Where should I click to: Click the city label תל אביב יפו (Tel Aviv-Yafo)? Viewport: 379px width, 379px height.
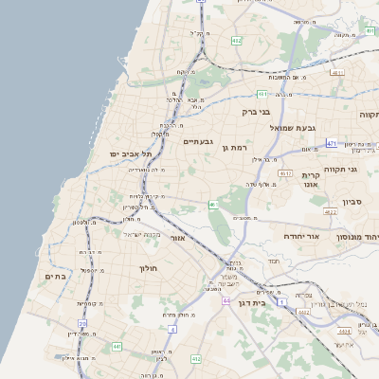[x=112, y=153]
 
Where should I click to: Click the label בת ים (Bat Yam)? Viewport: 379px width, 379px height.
[x=54, y=276]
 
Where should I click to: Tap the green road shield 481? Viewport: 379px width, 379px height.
[x=262, y=94]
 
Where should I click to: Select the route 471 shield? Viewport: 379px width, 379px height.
[x=332, y=143]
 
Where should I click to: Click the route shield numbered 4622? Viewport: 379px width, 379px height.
[x=330, y=213]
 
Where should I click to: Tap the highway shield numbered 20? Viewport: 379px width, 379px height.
[x=82, y=323]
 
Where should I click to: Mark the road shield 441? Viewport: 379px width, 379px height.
[x=117, y=348]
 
